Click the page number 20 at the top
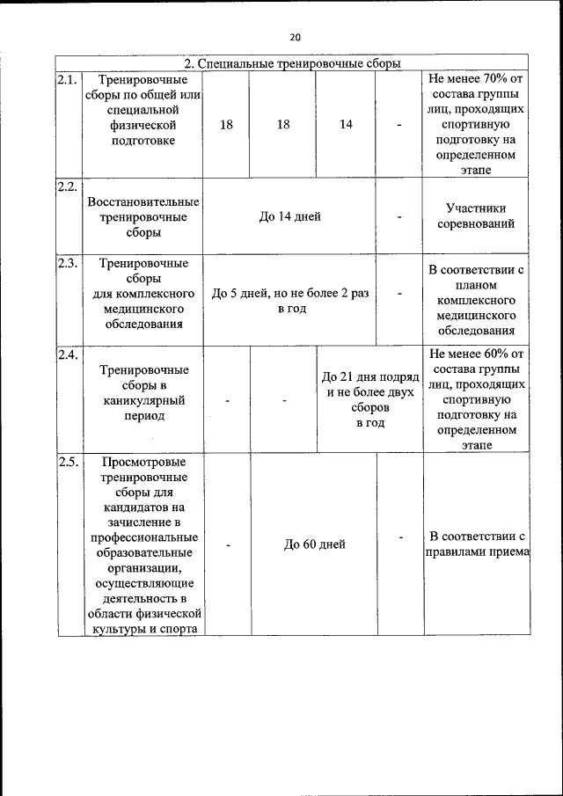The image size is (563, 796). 294,37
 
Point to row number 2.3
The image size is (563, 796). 68,263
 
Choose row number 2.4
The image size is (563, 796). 68,355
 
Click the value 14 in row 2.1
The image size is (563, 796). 346,125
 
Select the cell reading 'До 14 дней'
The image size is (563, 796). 290,216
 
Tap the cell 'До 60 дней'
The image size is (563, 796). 314,544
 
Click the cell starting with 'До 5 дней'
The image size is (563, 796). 290,302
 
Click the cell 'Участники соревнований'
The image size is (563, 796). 476,216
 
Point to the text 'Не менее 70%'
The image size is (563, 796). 476,79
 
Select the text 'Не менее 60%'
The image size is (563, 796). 476,354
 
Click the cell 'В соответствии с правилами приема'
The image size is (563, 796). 476,544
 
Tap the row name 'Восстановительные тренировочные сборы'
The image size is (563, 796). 143,216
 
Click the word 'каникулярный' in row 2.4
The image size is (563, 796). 143,400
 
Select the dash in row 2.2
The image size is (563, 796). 400,216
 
